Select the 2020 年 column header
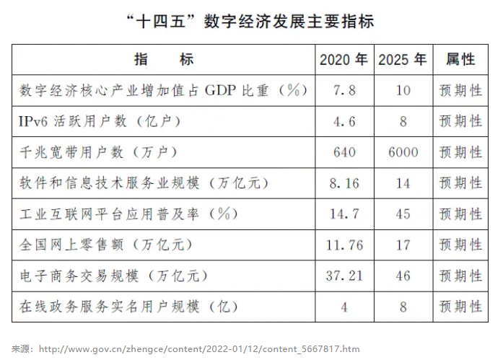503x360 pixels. coord(344,59)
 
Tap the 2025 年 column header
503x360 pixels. coord(403,59)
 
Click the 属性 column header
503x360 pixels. coord(460,59)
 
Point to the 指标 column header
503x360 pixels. coord(164,59)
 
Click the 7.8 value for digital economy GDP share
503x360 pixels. coord(344,90)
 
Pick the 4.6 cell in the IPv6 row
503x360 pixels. coord(344,121)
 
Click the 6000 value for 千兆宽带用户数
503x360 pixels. coord(403,152)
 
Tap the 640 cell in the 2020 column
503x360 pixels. coord(344,152)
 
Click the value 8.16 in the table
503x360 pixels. coord(344,183)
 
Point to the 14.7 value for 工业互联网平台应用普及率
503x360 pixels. coord(344,214)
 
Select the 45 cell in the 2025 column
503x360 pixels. coord(403,214)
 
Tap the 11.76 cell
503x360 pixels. coord(344,245)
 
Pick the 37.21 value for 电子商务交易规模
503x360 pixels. coord(344,276)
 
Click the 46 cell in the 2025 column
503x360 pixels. coord(403,276)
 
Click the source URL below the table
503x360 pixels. coord(198,349)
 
